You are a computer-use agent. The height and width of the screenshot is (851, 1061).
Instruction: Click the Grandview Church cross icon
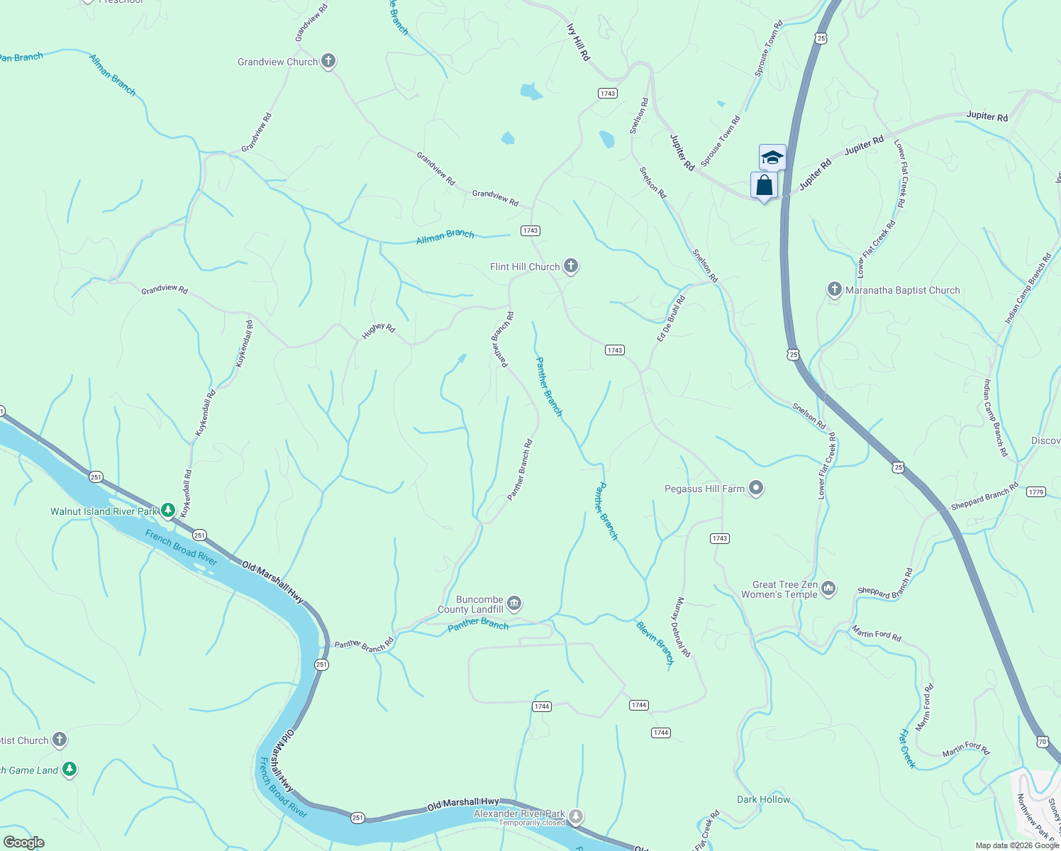(328, 61)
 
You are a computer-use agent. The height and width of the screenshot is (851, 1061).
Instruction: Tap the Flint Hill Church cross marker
(571, 266)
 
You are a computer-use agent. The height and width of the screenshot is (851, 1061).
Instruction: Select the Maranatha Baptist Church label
(902, 290)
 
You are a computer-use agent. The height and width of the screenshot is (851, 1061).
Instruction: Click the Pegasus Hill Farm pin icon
(756, 488)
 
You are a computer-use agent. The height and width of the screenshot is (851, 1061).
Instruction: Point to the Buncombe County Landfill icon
(515, 604)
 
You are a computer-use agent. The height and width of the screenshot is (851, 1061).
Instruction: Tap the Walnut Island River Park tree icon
(168, 510)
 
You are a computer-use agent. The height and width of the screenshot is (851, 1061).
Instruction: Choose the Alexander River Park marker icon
(577, 817)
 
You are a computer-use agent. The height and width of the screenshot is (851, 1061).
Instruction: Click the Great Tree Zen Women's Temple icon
(828, 589)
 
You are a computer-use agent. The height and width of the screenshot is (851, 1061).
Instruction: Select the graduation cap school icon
(772, 157)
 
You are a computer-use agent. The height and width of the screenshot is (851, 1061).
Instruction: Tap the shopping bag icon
(764, 185)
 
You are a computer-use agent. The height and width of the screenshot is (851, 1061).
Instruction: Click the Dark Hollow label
(763, 799)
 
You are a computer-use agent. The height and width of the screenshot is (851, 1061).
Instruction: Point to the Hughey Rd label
(379, 330)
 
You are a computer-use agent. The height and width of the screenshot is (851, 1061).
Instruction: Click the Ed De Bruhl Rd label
(671, 319)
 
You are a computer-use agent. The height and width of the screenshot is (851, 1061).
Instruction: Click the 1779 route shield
(1035, 491)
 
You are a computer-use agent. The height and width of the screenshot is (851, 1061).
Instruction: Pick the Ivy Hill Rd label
(579, 42)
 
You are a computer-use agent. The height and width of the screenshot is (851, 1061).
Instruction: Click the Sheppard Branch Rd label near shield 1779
(984, 496)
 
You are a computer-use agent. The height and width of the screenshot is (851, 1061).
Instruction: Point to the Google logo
(23, 842)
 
